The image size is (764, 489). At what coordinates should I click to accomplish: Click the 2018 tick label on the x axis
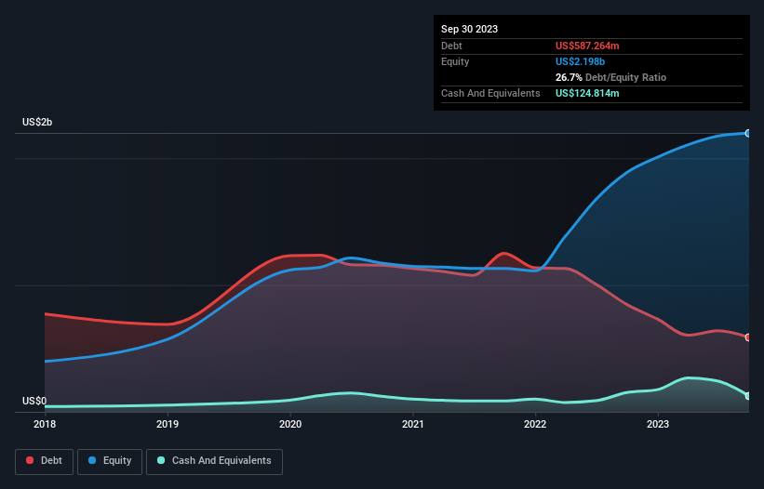point(45,425)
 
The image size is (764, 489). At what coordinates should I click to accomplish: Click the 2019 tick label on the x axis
point(168,425)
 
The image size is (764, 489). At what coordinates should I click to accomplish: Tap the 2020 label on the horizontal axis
point(290,425)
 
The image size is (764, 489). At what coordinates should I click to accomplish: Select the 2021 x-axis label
point(413,425)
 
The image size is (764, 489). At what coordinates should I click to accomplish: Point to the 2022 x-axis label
point(535,425)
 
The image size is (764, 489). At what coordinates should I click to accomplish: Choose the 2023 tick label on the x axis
point(658,425)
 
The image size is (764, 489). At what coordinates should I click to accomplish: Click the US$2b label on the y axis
point(38,123)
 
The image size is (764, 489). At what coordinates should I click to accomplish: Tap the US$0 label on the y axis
point(34,402)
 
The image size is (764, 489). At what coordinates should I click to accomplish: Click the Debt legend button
point(44,461)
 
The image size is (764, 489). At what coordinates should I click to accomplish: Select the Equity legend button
point(110,461)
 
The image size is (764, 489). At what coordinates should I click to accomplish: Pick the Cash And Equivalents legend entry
point(214,461)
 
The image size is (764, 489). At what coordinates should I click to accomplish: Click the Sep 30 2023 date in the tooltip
point(470,29)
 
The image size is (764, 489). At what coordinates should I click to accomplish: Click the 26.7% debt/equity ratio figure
point(570,77)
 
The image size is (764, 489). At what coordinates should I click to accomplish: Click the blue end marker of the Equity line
point(747,133)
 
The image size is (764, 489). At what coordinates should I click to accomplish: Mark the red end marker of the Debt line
point(747,337)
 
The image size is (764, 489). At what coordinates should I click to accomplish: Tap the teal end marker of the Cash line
point(747,396)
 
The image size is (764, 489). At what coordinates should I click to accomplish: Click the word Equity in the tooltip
point(456,61)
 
